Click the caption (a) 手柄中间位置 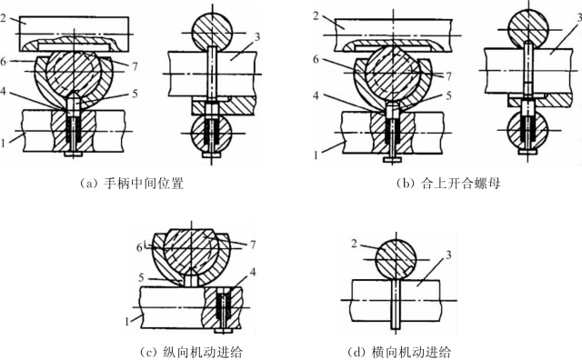click(x=131, y=184)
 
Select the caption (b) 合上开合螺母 click(x=448, y=184)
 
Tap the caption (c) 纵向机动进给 click(x=191, y=351)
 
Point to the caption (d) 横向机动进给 click(x=399, y=351)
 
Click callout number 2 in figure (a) click(x=4, y=18)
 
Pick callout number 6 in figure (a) click(x=4, y=62)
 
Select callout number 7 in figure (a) click(x=135, y=66)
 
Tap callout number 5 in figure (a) click(x=135, y=93)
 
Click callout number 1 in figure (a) click(x=4, y=143)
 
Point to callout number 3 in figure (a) click(x=256, y=36)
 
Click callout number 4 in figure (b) click(x=316, y=95)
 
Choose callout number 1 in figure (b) click(x=316, y=155)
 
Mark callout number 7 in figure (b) click(x=448, y=76)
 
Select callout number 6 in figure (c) click(x=139, y=247)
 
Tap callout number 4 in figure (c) click(x=253, y=272)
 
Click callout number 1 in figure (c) click(x=127, y=321)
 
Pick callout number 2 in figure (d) click(x=354, y=244)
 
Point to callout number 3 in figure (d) click(x=448, y=255)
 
